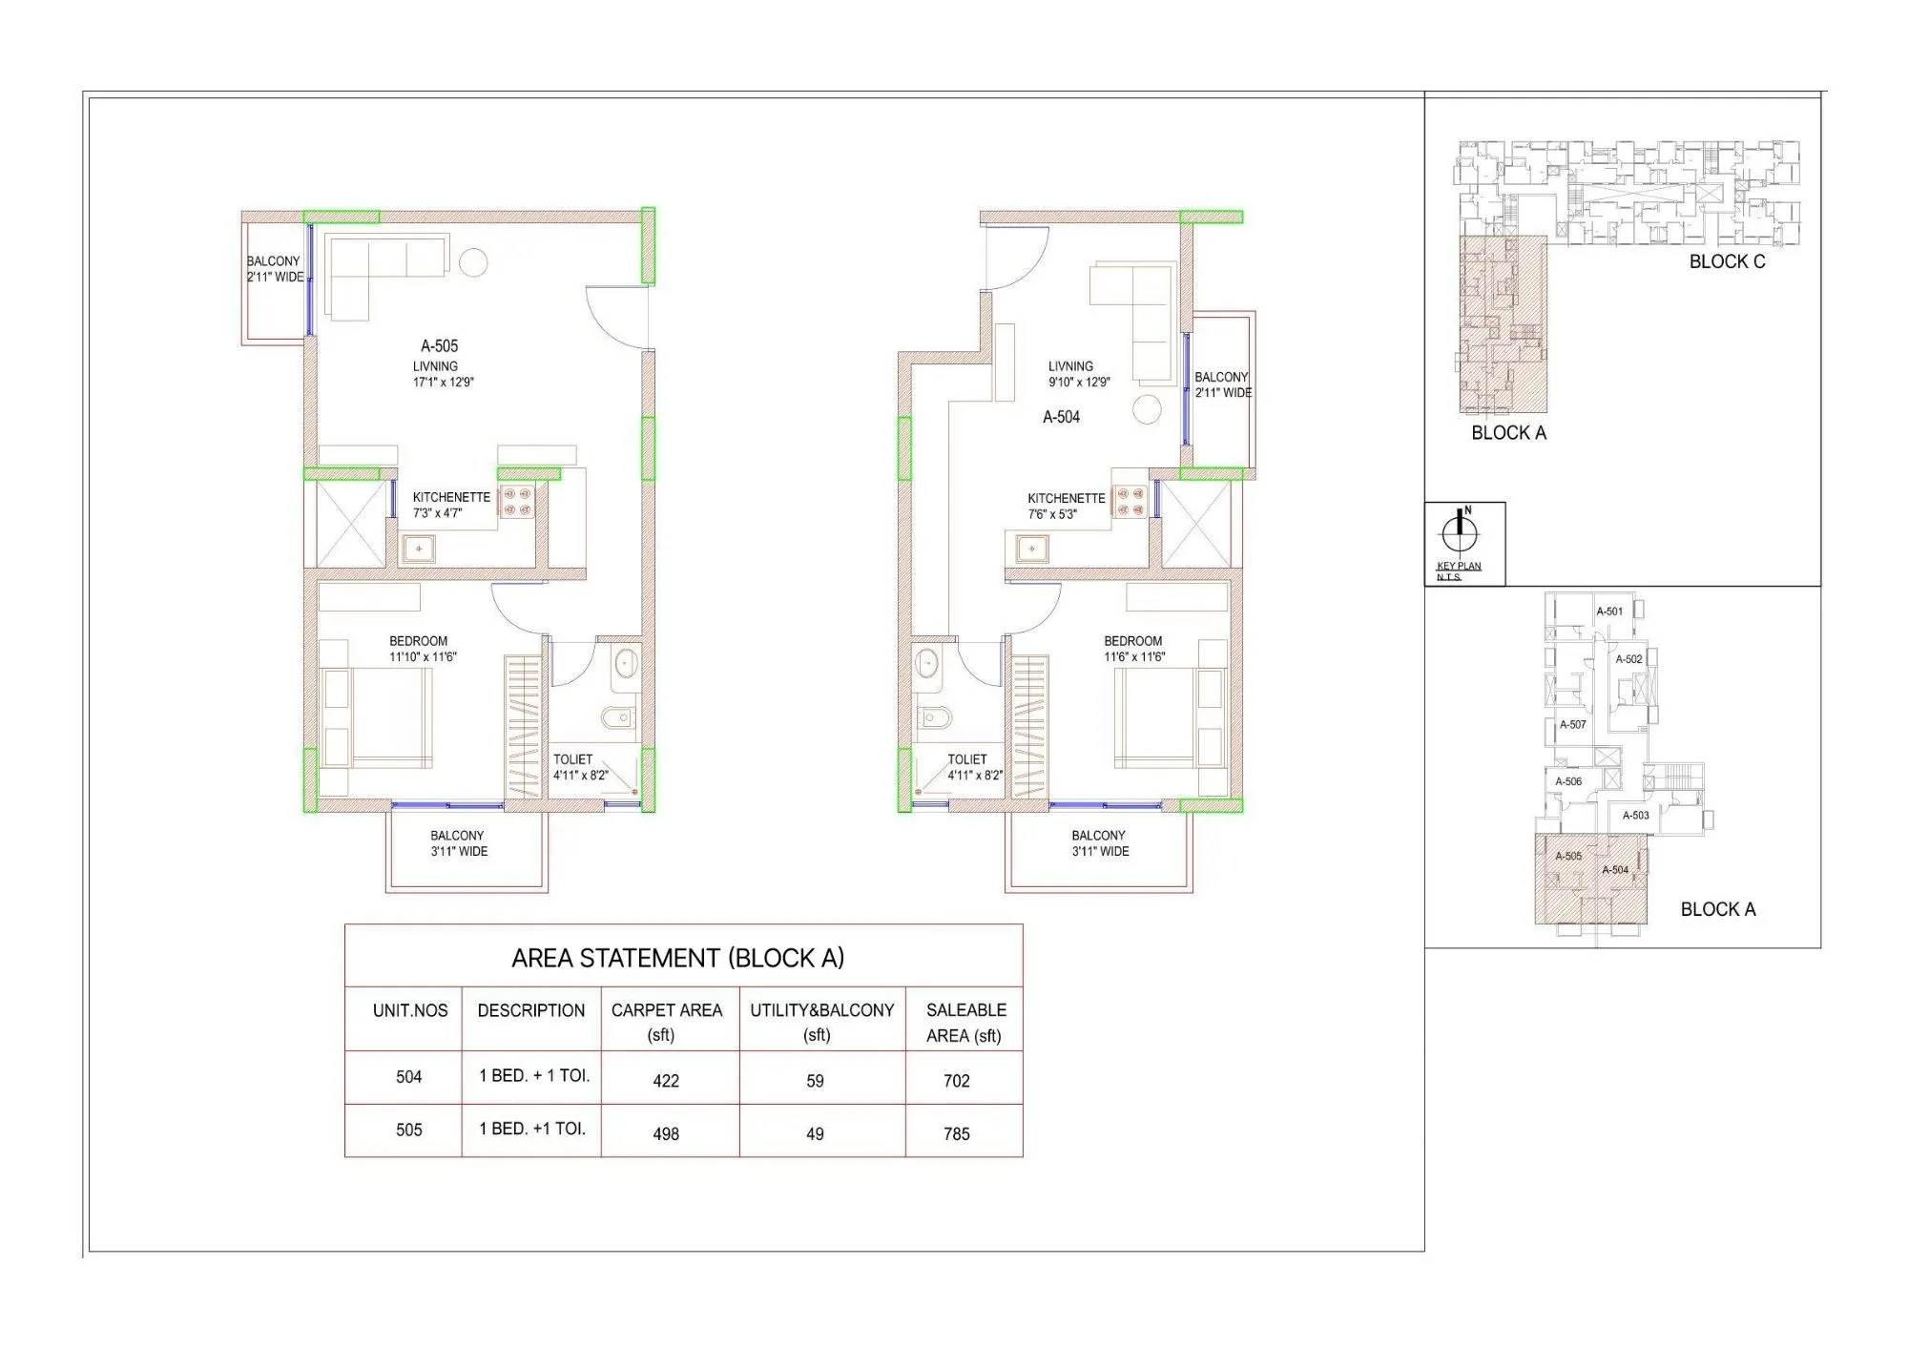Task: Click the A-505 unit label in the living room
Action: pyautogui.click(x=440, y=346)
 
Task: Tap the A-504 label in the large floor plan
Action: pyautogui.click(x=1061, y=417)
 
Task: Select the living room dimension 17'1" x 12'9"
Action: pyautogui.click(x=443, y=383)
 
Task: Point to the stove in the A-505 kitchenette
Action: pyautogui.click(x=517, y=502)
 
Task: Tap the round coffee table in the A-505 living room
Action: pyautogui.click(x=473, y=261)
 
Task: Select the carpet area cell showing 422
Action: pyautogui.click(x=666, y=1081)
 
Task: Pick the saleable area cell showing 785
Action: pyautogui.click(x=957, y=1134)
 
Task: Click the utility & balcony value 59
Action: pyautogui.click(x=815, y=1081)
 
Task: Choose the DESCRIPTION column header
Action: pyautogui.click(x=531, y=1011)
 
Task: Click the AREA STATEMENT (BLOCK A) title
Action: pyautogui.click(x=677, y=958)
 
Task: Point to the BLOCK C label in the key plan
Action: pyautogui.click(x=1727, y=261)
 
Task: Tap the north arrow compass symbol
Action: pyautogui.click(x=1459, y=531)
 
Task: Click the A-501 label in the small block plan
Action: pyautogui.click(x=1609, y=612)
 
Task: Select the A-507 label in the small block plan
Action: pyautogui.click(x=1572, y=725)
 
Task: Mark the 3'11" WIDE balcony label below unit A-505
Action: pyautogui.click(x=459, y=852)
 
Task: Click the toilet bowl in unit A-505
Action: pyautogui.click(x=618, y=717)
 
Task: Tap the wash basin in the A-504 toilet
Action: pyautogui.click(x=927, y=662)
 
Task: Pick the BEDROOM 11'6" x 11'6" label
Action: pyautogui.click(x=1133, y=649)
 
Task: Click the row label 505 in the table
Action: pyautogui.click(x=408, y=1130)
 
